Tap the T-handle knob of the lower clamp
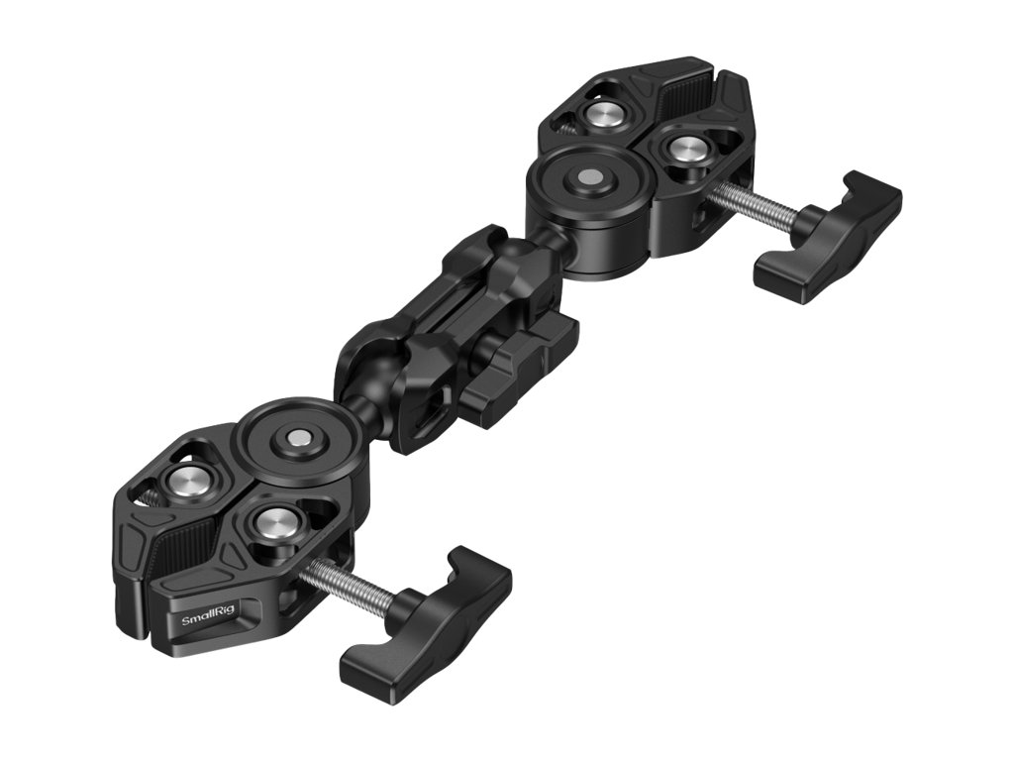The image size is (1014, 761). (426, 625)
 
